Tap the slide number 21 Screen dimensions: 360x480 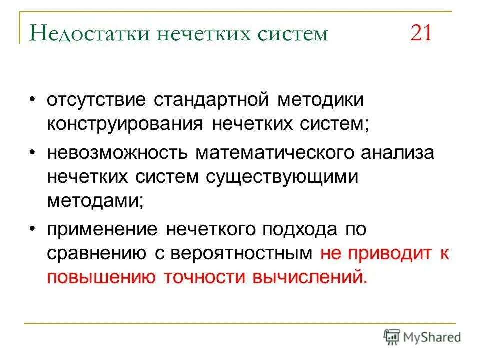click(x=421, y=34)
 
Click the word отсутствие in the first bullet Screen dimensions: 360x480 click(x=96, y=99)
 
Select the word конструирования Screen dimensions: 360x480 click(x=125, y=125)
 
